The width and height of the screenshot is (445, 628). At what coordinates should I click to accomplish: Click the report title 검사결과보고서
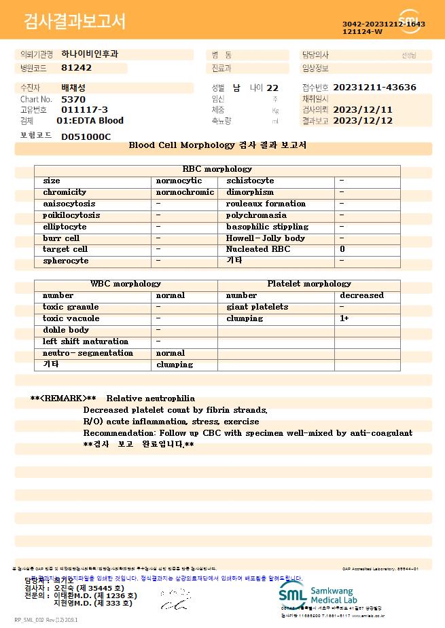pyautogui.click(x=75, y=22)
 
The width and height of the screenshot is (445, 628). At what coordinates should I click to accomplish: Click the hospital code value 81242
pyautogui.click(x=76, y=68)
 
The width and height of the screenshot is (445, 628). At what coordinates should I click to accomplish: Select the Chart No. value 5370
pyautogui.click(x=73, y=99)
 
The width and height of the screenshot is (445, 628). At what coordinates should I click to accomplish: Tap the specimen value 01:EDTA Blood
pyautogui.click(x=90, y=121)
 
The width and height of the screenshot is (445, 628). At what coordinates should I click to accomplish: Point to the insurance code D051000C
pyautogui.click(x=86, y=136)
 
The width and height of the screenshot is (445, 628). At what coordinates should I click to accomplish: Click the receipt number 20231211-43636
pyautogui.click(x=375, y=88)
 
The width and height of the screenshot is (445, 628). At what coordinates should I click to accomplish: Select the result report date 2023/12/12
pyautogui.click(x=363, y=121)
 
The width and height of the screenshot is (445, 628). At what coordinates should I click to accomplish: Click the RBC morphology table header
pyautogui.click(x=217, y=169)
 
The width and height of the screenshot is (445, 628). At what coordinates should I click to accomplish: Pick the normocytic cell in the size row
pyautogui.click(x=179, y=181)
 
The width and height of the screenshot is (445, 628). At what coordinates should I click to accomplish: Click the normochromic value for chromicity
pyautogui.click(x=185, y=192)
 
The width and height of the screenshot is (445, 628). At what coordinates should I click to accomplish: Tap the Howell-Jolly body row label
pyautogui.click(x=265, y=238)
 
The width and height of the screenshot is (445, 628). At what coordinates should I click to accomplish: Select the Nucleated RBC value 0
pyautogui.click(x=342, y=249)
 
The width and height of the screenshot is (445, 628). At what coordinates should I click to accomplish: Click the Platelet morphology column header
pyautogui.click(x=309, y=284)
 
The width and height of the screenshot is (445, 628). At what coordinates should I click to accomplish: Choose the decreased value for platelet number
pyautogui.click(x=361, y=295)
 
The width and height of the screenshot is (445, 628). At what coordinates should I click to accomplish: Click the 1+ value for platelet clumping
pyautogui.click(x=344, y=318)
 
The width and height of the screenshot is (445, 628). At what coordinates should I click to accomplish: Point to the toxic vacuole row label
pyautogui.click(x=71, y=318)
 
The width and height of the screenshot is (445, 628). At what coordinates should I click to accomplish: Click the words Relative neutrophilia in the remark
pyautogui.click(x=151, y=399)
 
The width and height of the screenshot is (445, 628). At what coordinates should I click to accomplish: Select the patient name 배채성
pyautogui.click(x=73, y=88)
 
